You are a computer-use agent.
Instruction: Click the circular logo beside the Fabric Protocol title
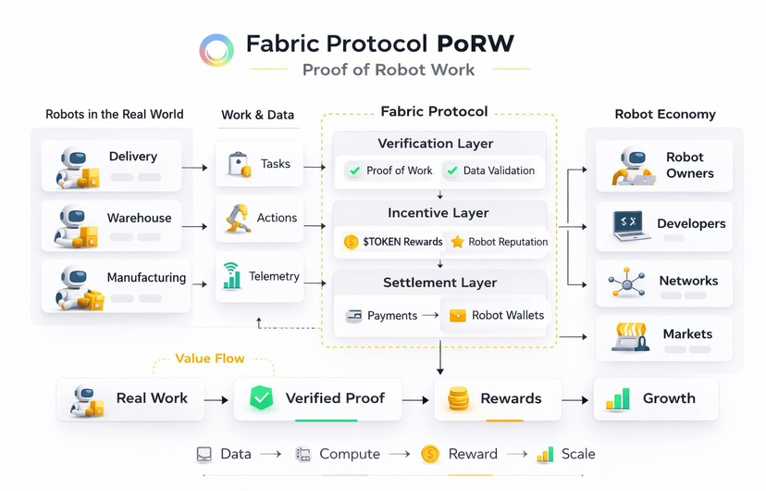pyautogui.click(x=216, y=50)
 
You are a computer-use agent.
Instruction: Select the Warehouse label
pyautogui.click(x=139, y=219)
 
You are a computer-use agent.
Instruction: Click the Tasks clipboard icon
pyautogui.click(x=240, y=164)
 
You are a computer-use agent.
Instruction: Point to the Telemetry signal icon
pyautogui.click(x=232, y=276)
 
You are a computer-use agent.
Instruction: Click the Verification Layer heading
pyautogui.click(x=436, y=144)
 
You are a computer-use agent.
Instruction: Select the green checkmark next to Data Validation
pyautogui.click(x=451, y=170)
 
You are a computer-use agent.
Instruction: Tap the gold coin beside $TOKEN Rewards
pyautogui.click(x=351, y=242)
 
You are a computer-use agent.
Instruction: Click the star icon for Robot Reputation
pyautogui.click(x=457, y=242)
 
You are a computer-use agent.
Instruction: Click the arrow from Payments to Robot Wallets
pyautogui.click(x=429, y=315)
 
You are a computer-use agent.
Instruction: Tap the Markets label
pyautogui.click(x=687, y=334)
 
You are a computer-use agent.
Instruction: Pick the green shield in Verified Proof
pyautogui.click(x=262, y=398)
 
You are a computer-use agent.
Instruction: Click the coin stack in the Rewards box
pyautogui.click(x=458, y=399)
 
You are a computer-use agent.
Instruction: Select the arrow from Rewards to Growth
pyautogui.click(x=575, y=399)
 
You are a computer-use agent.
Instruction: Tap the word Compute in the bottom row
pyautogui.click(x=350, y=454)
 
